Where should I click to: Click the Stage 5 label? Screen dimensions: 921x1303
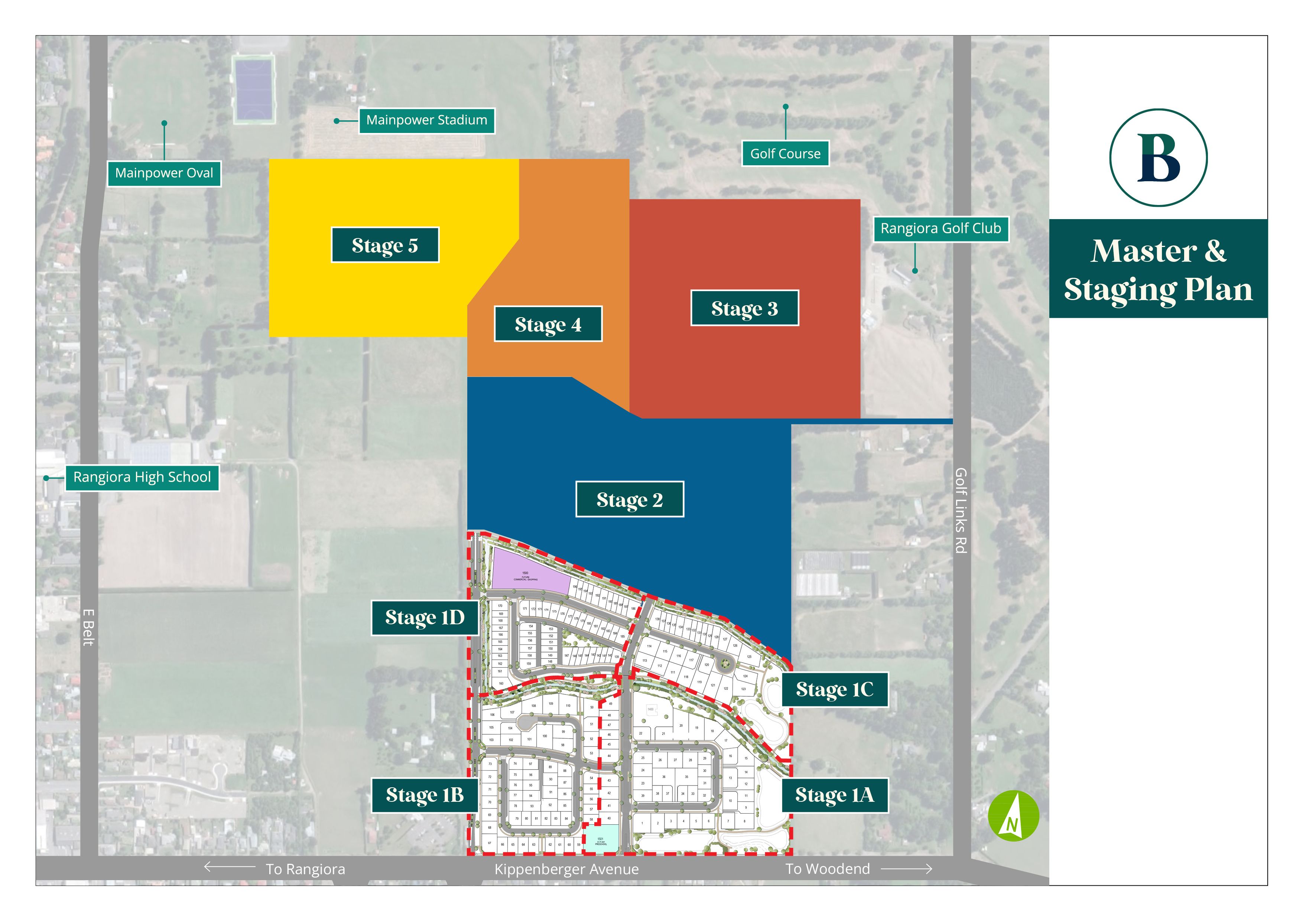pyautogui.click(x=385, y=245)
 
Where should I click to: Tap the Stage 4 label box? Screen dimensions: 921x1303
pyautogui.click(x=547, y=324)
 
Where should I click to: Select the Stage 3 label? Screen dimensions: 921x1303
pyautogui.click(x=744, y=308)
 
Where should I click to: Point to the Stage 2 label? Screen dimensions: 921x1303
pyautogui.click(x=629, y=499)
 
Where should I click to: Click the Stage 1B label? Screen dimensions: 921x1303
pyautogui.click(x=425, y=795)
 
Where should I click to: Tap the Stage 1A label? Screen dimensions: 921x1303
pyautogui.click(x=834, y=795)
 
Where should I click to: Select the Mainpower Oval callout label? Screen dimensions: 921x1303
pyautogui.click(x=164, y=173)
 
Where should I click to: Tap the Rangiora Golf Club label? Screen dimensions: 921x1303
pyautogui.click(x=940, y=229)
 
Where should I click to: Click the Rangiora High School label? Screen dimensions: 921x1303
pyautogui.click(x=142, y=477)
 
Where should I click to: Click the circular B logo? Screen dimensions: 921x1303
pyautogui.click(x=1158, y=157)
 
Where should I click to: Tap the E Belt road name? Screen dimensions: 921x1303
pyautogui.click(x=88, y=627)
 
